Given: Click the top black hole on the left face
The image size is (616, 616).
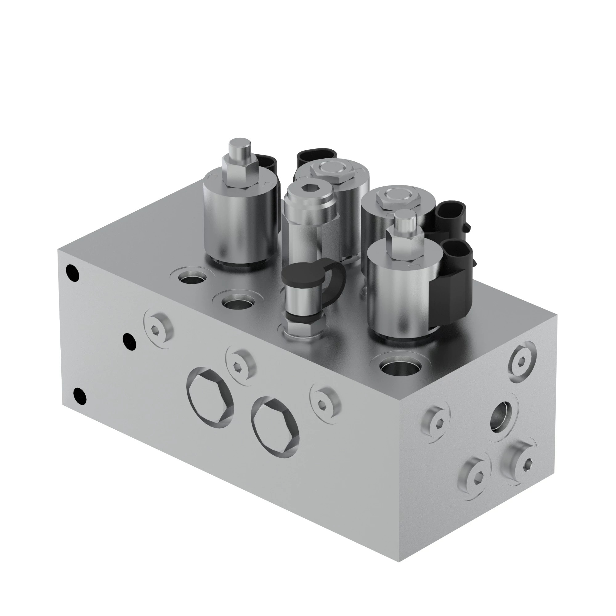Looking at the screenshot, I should click(73, 273).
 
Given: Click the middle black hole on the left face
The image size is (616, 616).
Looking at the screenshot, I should click(129, 341).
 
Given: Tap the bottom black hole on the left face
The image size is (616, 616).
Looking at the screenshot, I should click(80, 396).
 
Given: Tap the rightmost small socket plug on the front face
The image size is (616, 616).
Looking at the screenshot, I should click(325, 403).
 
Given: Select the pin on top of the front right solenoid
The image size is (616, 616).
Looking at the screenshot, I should click(405, 220).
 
